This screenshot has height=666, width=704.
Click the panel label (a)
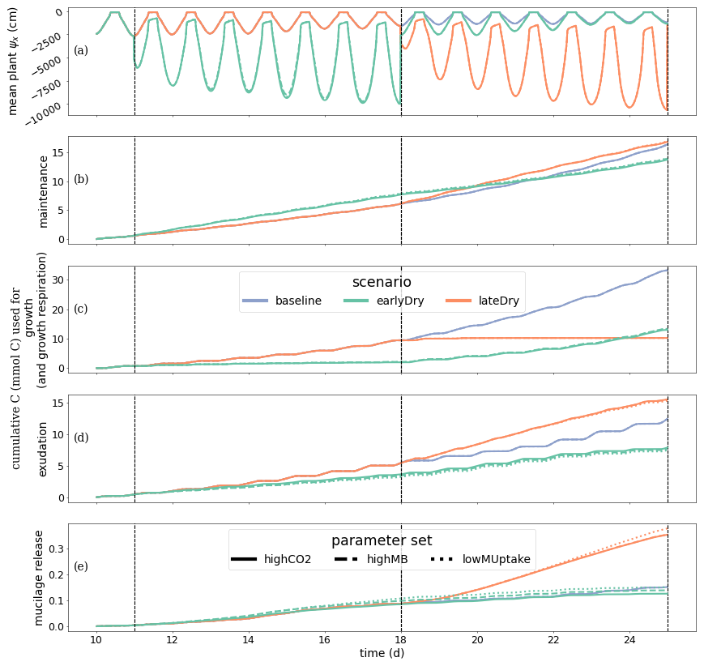click(81, 51)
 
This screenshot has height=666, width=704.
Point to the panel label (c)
click(81, 309)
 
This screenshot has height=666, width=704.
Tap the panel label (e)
click(81, 566)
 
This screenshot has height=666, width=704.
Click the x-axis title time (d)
click(382, 653)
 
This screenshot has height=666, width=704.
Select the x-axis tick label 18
click(401, 639)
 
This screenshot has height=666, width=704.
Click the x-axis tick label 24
click(629, 639)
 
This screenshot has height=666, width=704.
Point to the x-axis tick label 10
click(96, 639)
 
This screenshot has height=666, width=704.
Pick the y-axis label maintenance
click(44, 191)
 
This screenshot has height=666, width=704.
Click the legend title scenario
click(382, 283)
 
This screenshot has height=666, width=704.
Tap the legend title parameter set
click(382, 540)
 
